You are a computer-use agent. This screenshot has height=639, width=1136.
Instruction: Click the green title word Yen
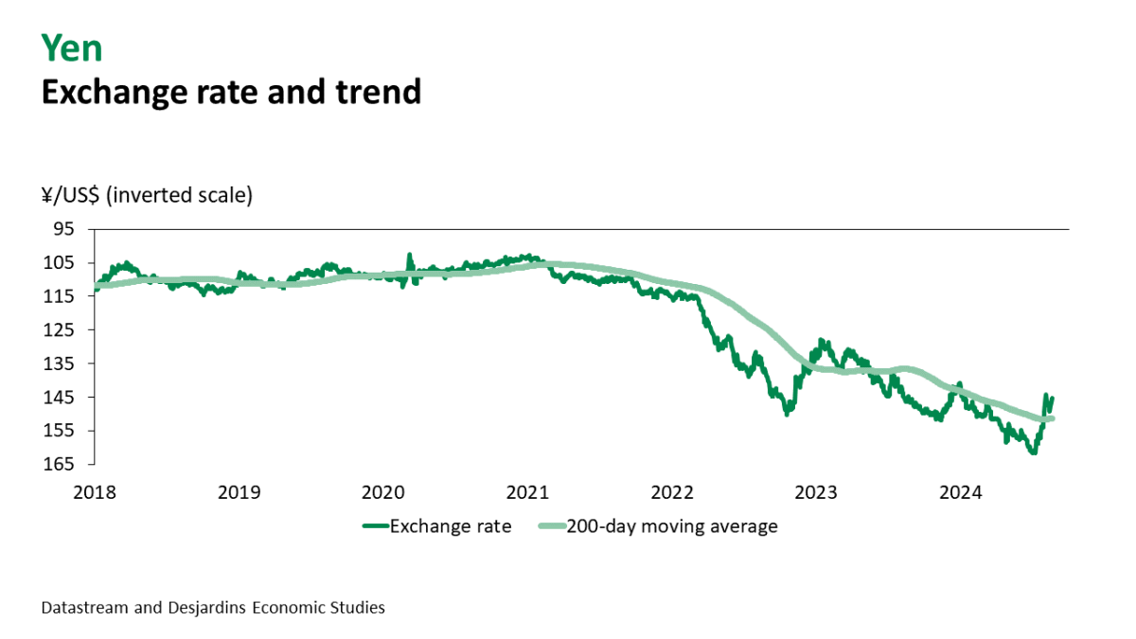click(x=72, y=47)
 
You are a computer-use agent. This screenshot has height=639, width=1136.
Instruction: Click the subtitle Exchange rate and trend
click(x=230, y=91)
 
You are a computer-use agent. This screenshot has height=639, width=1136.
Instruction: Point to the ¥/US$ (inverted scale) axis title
click(x=147, y=196)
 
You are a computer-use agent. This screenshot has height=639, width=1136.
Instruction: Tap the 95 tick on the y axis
click(x=62, y=229)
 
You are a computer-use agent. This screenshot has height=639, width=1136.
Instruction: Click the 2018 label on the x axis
click(x=95, y=492)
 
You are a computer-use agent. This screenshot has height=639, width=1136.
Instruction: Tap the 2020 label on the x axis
click(x=383, y=492)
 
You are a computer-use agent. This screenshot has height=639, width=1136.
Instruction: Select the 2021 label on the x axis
click(x=527, y=492)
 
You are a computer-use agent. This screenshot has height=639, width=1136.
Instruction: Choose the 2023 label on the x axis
click(x=816, y=492)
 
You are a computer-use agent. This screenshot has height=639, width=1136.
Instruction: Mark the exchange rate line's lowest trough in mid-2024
click(x=1033, y=453)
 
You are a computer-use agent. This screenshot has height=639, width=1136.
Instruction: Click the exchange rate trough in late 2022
click(x=787, y=413)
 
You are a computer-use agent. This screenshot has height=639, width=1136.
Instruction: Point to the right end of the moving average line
click(x=1052, y=418)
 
